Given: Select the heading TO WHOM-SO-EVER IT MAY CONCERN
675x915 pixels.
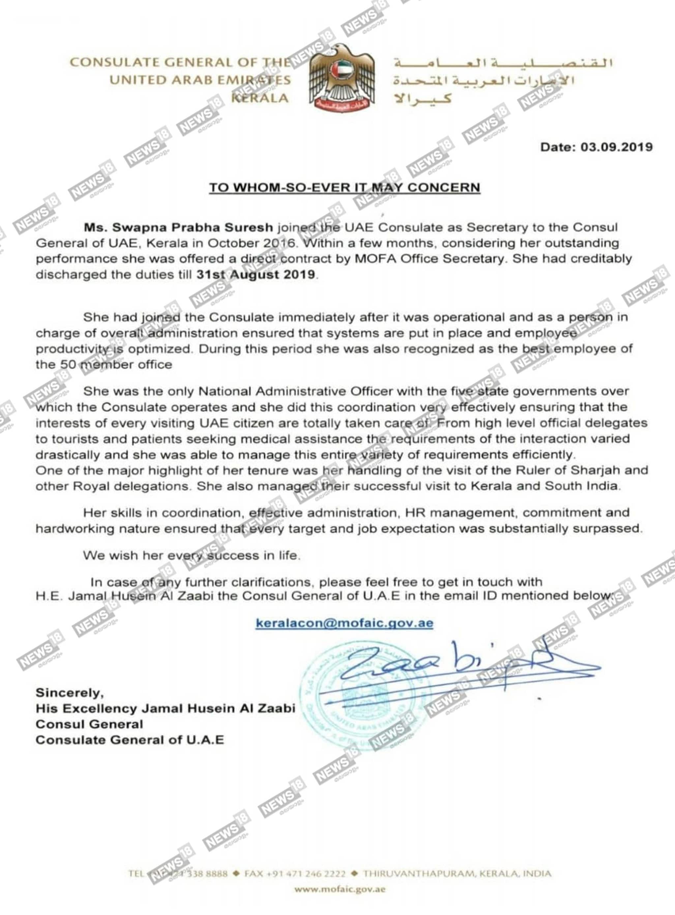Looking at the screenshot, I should (x=344, y=187).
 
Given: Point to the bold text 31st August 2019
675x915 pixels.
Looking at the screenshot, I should (x=256, y=274).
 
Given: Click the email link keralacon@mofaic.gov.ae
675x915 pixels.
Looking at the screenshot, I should (x=344, y=624).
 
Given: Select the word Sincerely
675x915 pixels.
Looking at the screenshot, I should (x=70, y=693).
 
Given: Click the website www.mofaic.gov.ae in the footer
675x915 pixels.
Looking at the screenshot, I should (x=339, y=889).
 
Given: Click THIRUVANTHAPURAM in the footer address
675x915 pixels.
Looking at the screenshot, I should (x=418, y=874).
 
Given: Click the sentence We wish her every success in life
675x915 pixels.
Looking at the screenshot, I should (x=191, y=556).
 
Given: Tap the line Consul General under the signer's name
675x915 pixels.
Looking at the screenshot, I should (x=89, y=724).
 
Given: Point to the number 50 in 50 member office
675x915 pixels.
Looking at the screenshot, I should (x=68, y=365).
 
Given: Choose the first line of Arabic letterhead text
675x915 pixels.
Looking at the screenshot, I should (x=503, y=63).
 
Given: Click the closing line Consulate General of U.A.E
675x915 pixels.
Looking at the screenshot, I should (x=130, y=740).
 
